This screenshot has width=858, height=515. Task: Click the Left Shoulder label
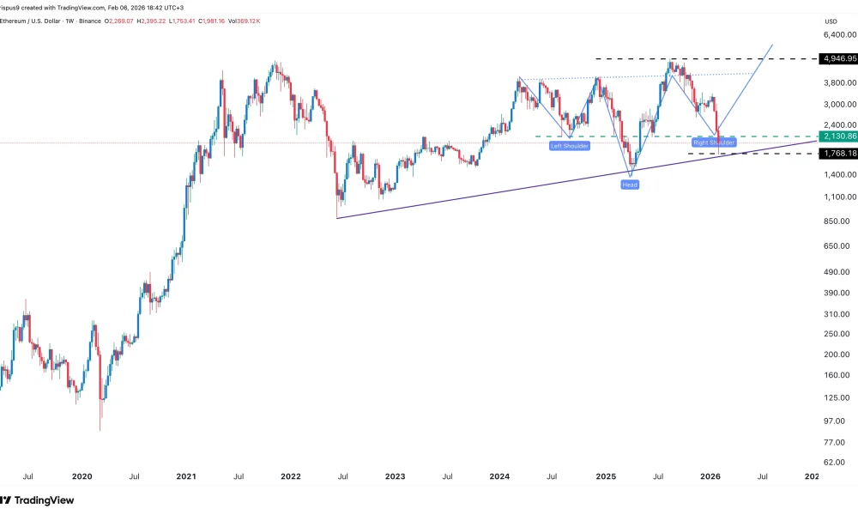pyautogui.click(x=570, y=147)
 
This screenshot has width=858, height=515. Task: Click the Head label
pyautogui.click(x=630, y=185)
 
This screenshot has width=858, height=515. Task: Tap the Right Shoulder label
pyautogui.click(x=715, y=142)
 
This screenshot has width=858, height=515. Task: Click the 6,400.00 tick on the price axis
pyautogui.click(x=839, y=35)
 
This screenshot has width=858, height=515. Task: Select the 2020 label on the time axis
pyautogui.click(x=82, y=476)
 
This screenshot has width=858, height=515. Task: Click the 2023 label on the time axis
pyautogui.click(x=395, y=476)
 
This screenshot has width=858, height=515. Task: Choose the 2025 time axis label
pyautogui.click(x=606, y=476)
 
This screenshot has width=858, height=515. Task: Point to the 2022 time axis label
pyautogui.click(x=291, y=476)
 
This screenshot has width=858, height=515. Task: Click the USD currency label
pyautogui.click(x=831, y=21)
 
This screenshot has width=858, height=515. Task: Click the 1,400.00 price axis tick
pyautogui.click(x=837, y=174)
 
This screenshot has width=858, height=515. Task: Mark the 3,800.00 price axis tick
pyautogui.click(x=837, y=82)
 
